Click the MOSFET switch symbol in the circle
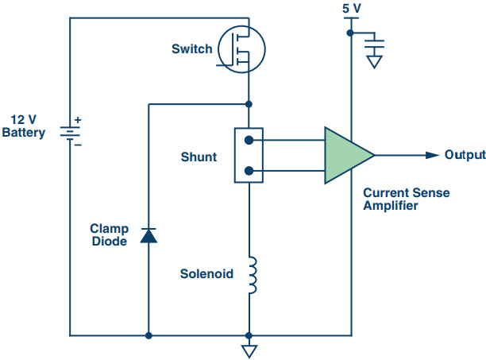[x=241, y=49]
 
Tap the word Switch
[x=192, y=49]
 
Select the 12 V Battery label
[x=24, y=126]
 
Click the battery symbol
[x=70, y=133]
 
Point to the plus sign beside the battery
[x=78, y=120]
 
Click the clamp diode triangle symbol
[x=148, y=235]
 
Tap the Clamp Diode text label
[x=110, y=235]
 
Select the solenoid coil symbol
[x=253, y=275]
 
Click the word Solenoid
[x=206, y=274]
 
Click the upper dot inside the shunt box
[x=249, y=141]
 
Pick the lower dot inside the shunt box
[x=249, y=171]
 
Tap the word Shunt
[x=199, y=157]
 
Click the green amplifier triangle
[x=345, y=155]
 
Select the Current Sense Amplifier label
[x=407, y=199]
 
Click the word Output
[x=465, y=155]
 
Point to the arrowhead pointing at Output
[x=432, y=155]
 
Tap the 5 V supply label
[x=352, y=9]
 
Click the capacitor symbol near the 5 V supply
[x=374, y=44]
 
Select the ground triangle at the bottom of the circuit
[x=249, y=351]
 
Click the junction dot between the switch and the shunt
[x=249, y=104]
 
